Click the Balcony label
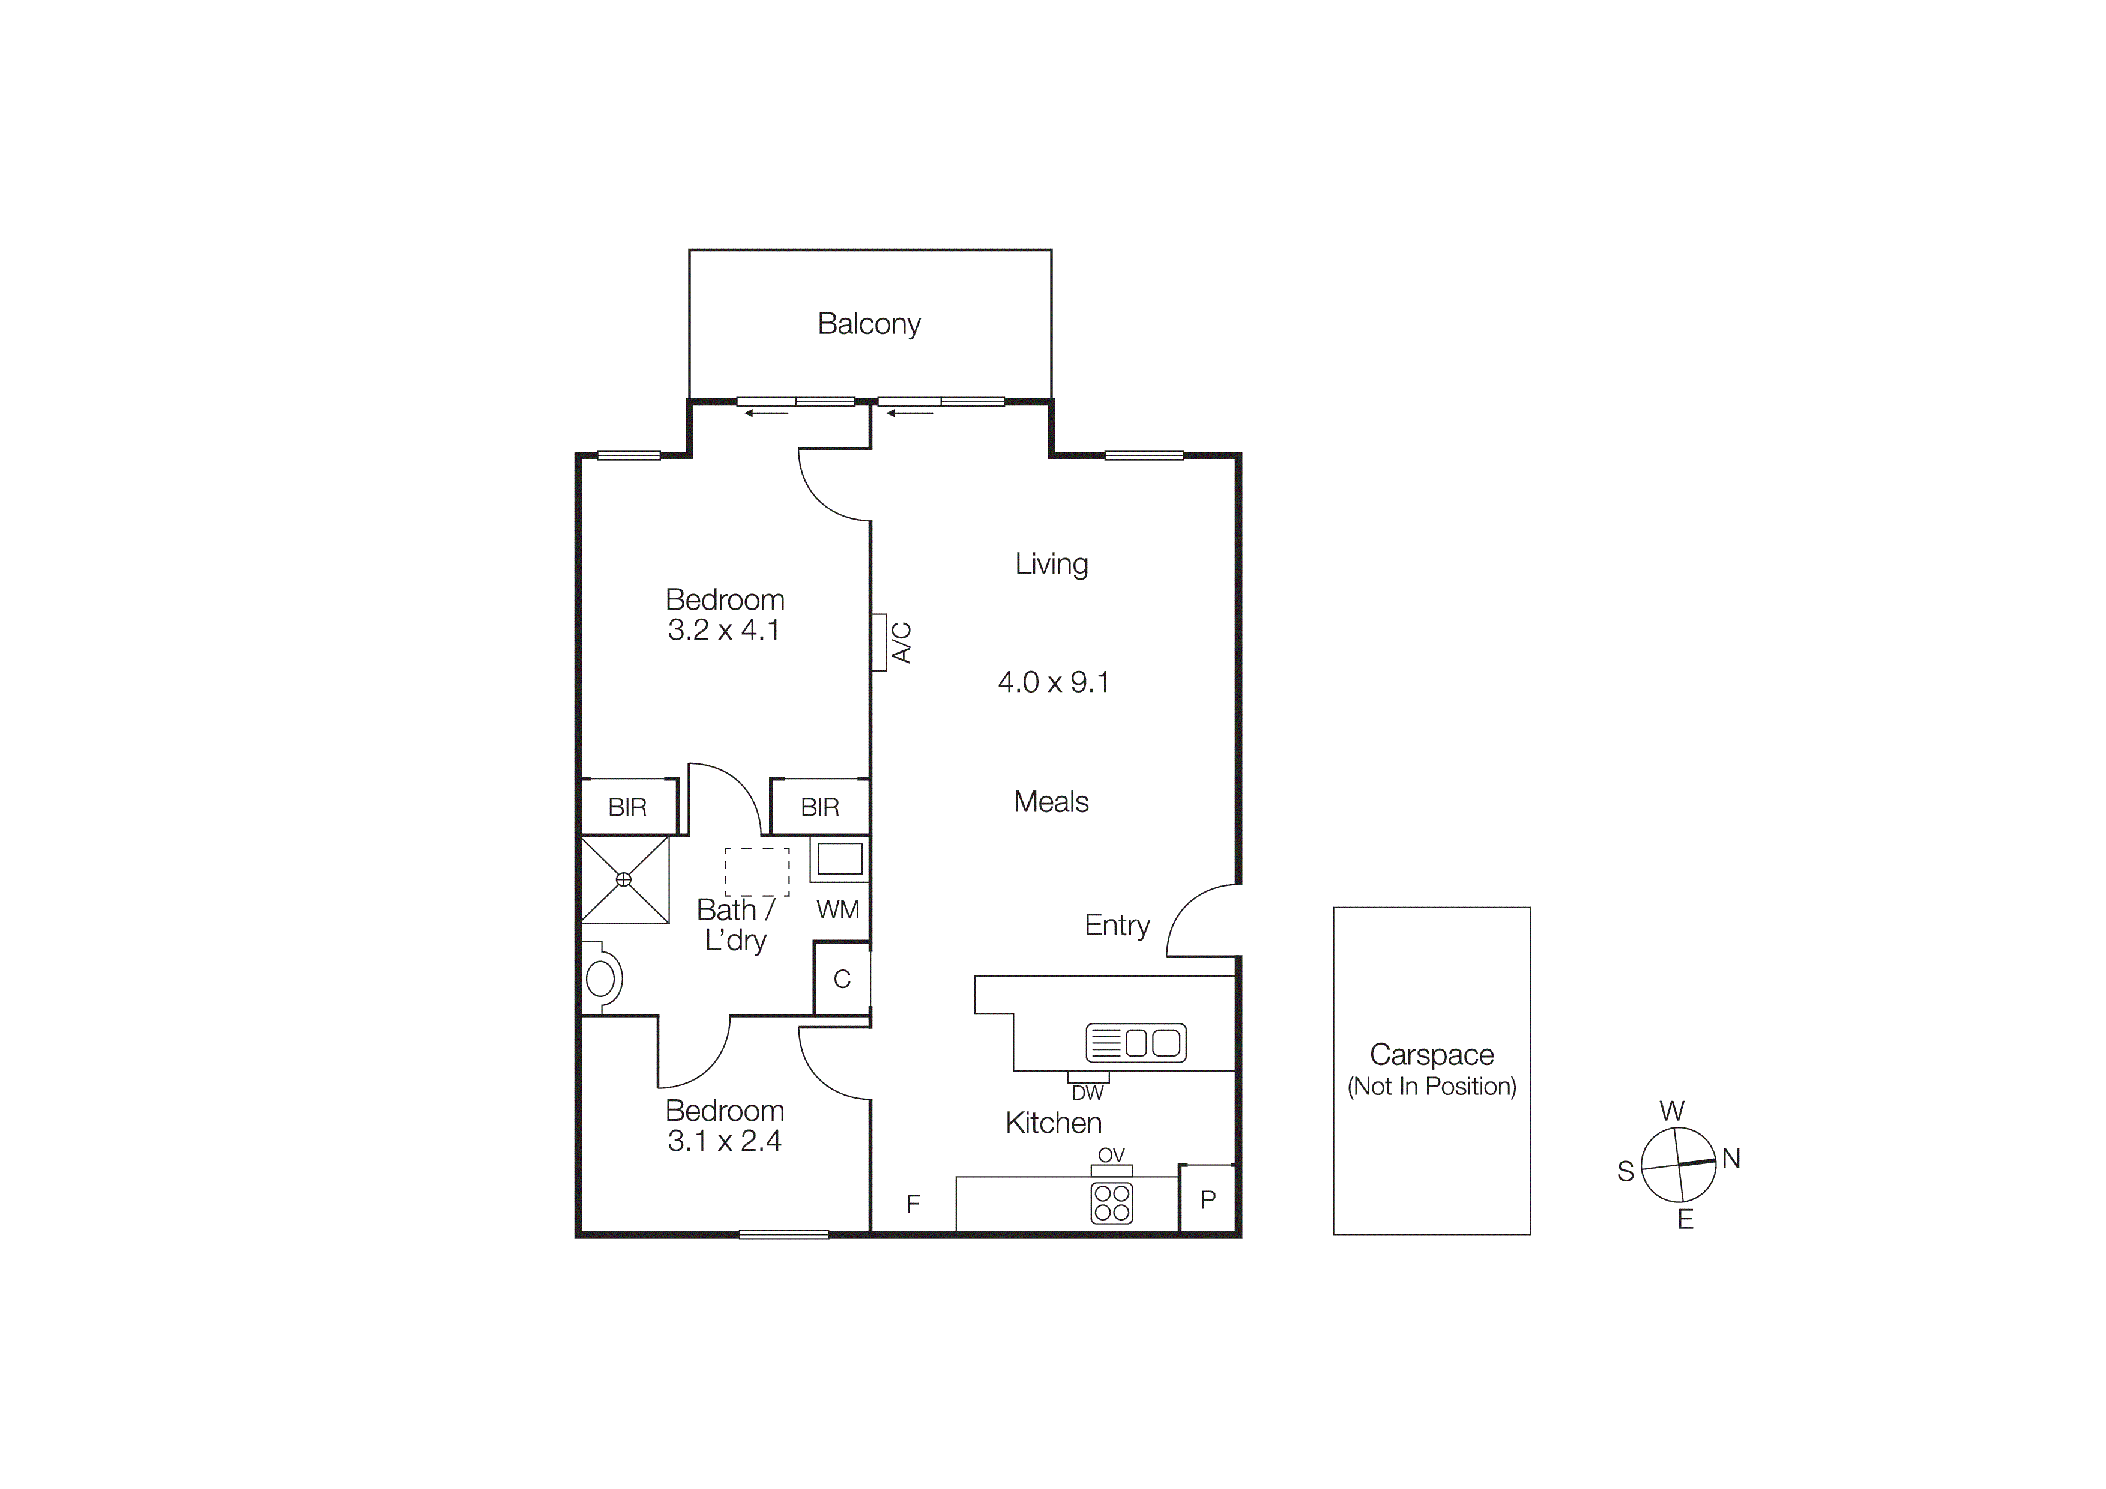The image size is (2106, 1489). point(869,324)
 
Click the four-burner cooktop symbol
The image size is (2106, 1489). point(1112,1202)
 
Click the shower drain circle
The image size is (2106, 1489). point(624,879)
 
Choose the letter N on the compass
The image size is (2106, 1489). point(1731,1159)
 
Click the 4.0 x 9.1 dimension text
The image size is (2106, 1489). point(1053,682)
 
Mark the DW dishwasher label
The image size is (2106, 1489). point(1088,1093)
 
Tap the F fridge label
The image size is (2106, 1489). point(913,1204)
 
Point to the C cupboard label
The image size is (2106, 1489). point(842,979)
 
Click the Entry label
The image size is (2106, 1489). point(1116,925)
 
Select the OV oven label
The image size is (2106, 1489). point(1111,1155)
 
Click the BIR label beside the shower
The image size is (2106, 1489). point(627,807)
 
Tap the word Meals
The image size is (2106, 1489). point(1051,802)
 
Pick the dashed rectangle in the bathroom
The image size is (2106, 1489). point(756,872)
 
